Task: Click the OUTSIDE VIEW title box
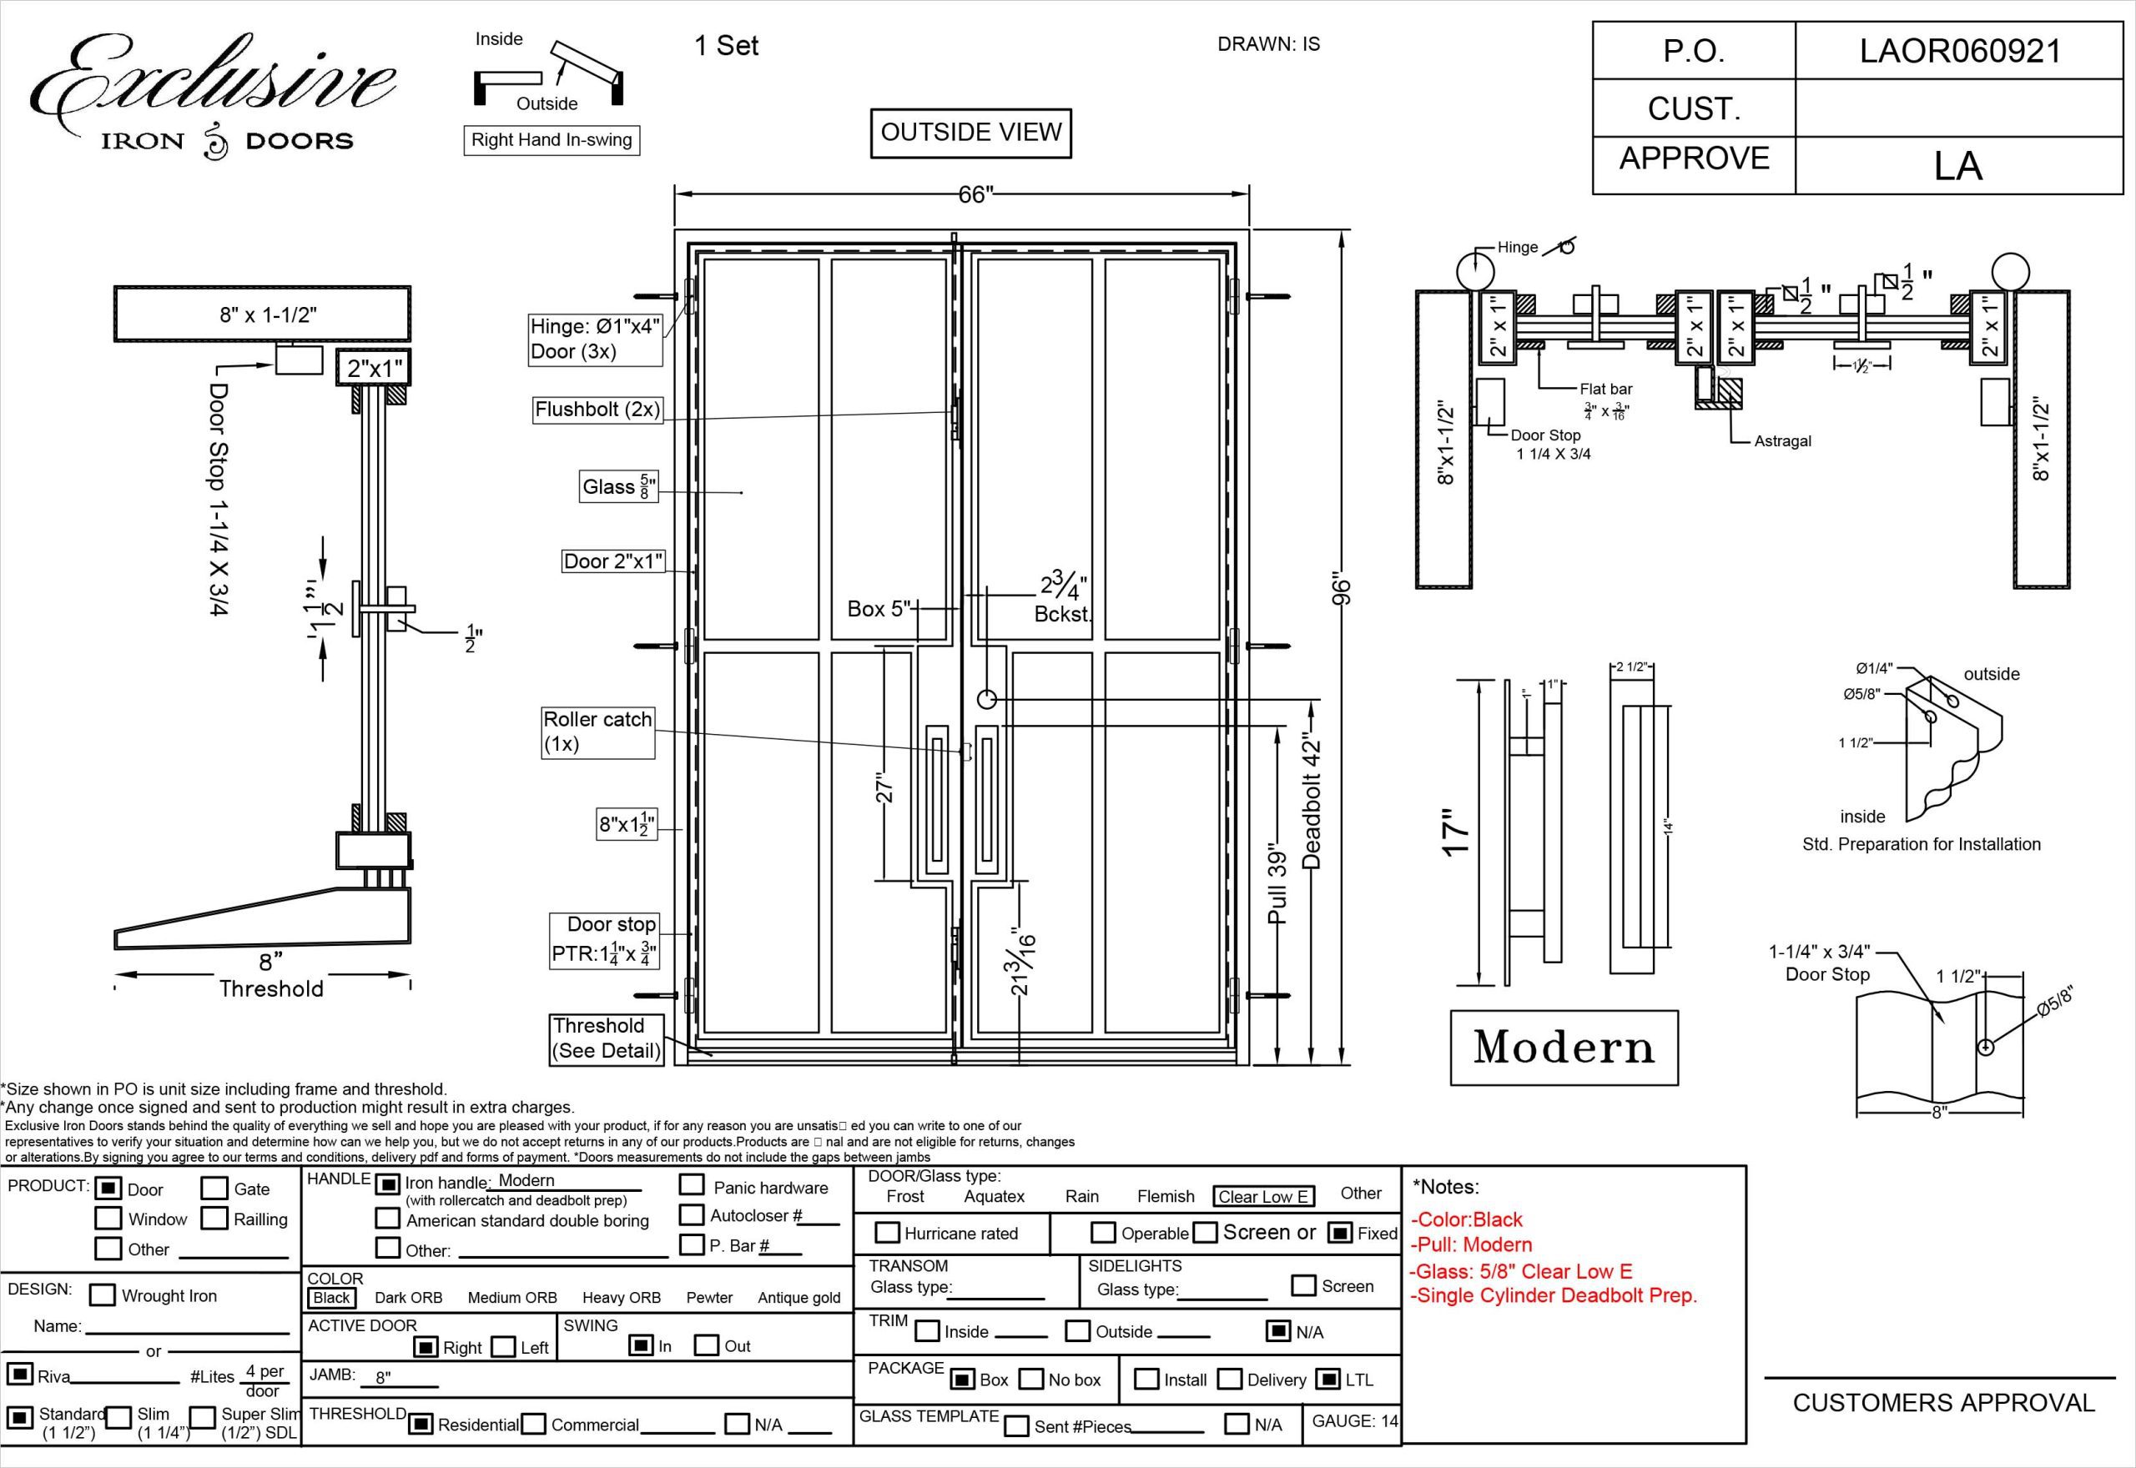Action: pyautogui.click(x=970, y=133)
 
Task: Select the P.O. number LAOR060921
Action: pyautogui.click(x=1959, y=51)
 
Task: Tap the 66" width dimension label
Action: pyautogui.click(x=976, y=195)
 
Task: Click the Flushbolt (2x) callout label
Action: pyautogui.click(x=597, y=410)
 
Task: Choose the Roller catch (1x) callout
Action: pyautogui.click(x=598, y=731)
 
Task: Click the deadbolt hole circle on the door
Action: pyautogui.click(x=986, y=699)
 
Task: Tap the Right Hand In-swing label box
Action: pyautogui.click(x=551, y=140)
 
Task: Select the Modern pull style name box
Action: pyautogui.click(x=1564, y=1048)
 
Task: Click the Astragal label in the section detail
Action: pyautogui.click(x=1782, y=441)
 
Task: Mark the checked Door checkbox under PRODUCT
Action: pyautogui.click(x=109, y=1189)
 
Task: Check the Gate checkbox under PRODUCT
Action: pyautogui.click(x=214, y=1189)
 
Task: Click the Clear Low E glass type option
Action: pyautogui.click(x=1263, y=1197)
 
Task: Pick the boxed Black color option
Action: pyautogui.click(x=331, y=1298)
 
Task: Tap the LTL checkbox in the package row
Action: pyautogui.click(x=1327, y=1379)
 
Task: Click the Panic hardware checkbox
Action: pyautogui.click(x=692, y=1185)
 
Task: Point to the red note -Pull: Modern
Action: pyautogui.click(x=1471, y=1244)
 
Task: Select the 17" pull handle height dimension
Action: pyautogui.click(x=1456, y=833)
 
